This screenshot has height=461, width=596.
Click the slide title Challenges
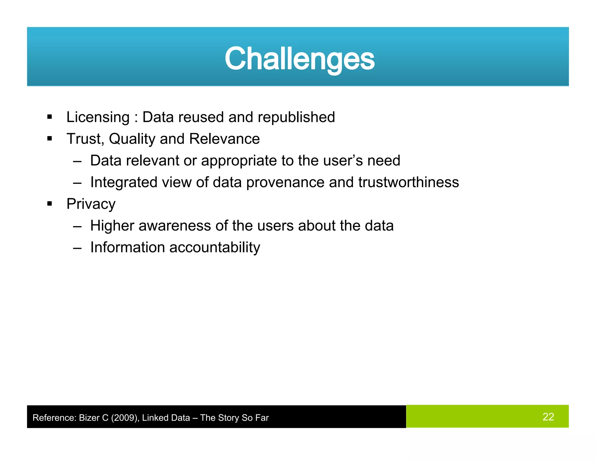pos(299,59)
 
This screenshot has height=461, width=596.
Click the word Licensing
pos(98,117)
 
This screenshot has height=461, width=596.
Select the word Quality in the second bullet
pos(132,139)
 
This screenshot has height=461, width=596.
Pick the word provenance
pos(285,182)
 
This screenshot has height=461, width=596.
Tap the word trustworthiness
pos(409,182)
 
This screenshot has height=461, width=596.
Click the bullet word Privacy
pos(91,204)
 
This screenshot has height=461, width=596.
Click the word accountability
pos(214,247)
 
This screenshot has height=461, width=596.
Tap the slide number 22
pos(548,417)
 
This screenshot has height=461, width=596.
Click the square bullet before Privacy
pos(49,203)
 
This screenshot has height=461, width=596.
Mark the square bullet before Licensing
pos(49,117)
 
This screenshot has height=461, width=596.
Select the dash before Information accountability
pos(77,248)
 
